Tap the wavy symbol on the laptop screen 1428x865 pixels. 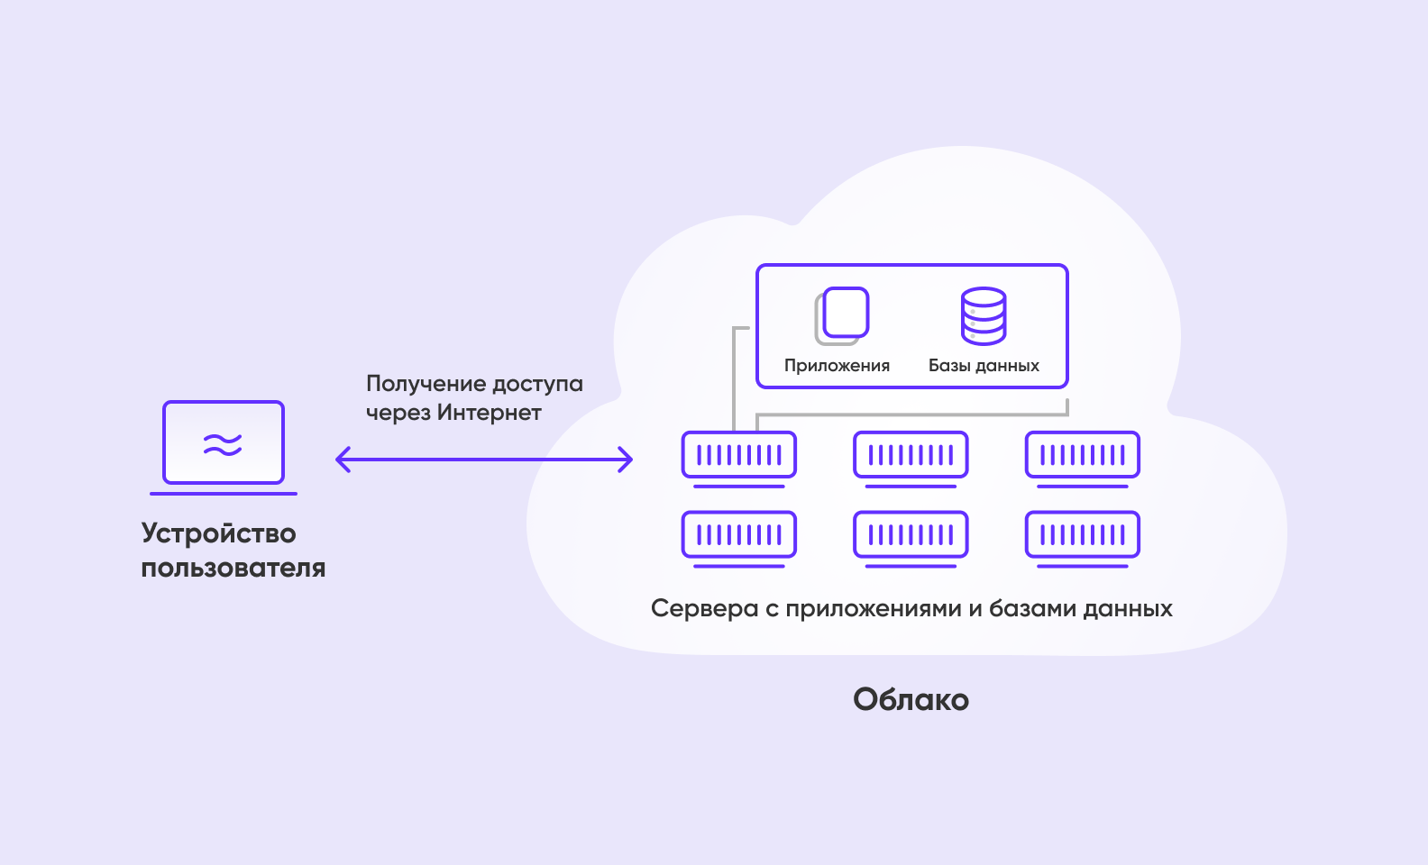coord(223,444)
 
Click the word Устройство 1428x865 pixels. coord(218,533)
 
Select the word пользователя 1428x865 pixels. coord(233,569)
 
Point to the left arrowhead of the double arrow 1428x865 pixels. coord(341,460)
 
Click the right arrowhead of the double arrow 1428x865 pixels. coord(627,460)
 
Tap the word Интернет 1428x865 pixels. coord(490,413)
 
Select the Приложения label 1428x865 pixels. coord(837,366)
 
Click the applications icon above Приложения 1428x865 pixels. coord(842,315)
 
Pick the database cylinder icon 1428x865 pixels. coord(984,315)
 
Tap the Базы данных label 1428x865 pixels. coord(984,366)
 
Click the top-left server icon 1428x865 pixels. coord(739,456)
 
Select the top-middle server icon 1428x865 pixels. coord(911,456)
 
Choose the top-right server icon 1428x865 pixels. coord(1083,456)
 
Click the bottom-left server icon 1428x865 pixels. coord(739,536)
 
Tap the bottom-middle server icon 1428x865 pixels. coord(911,536)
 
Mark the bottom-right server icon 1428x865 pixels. coord(1083,536)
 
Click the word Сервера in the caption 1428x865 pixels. coord(704,609)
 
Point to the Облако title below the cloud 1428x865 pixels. coord(911,700)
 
